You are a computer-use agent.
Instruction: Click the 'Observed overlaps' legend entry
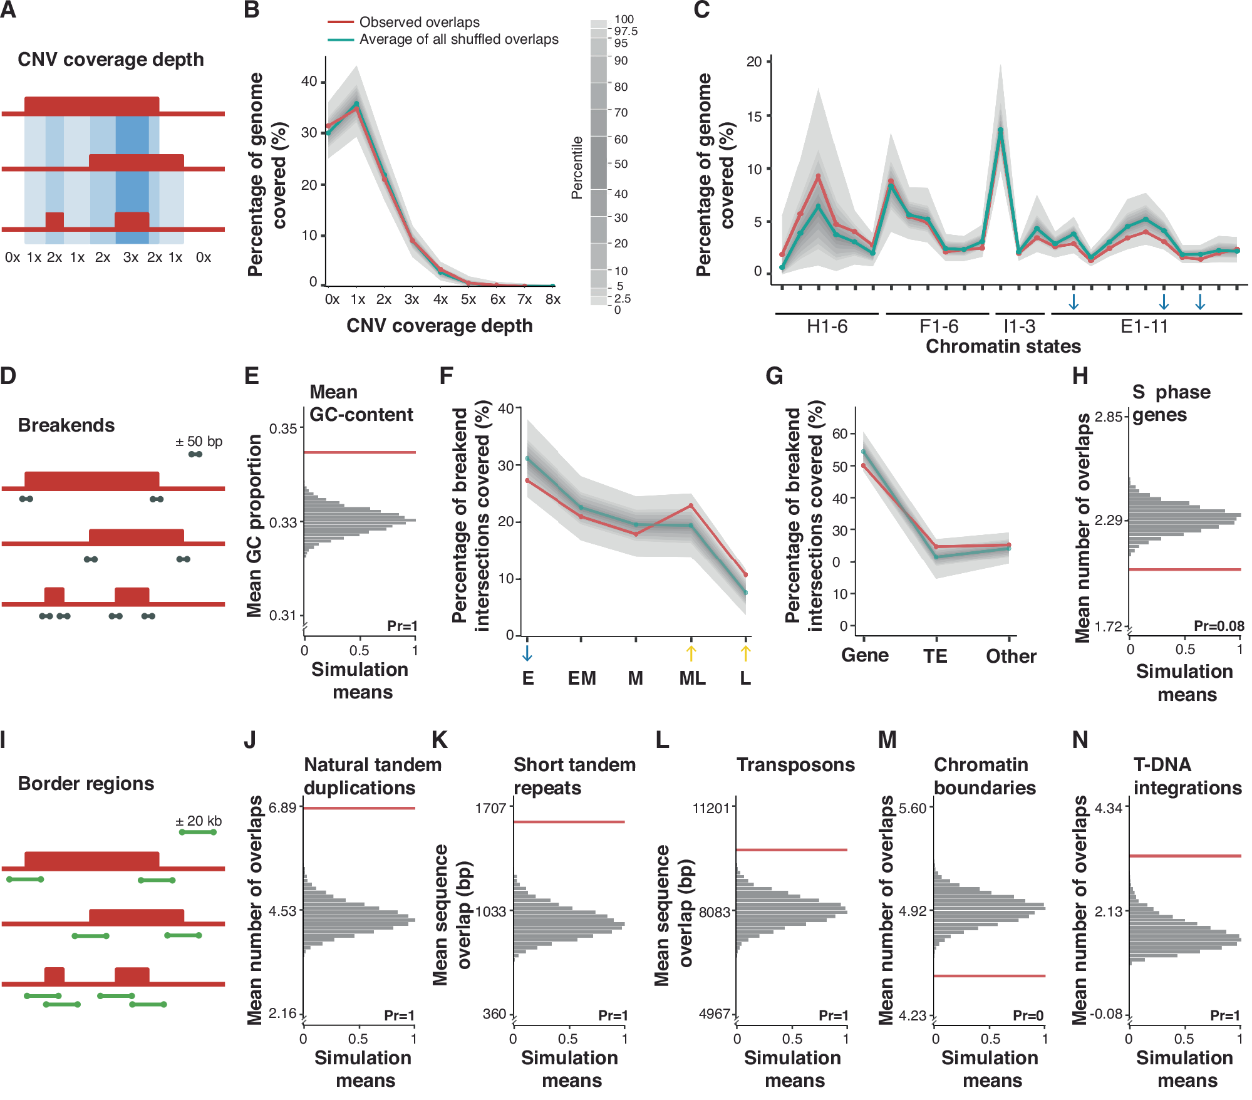418,22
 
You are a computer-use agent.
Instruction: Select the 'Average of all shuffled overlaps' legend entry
458,39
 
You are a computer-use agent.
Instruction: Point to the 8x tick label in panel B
552,299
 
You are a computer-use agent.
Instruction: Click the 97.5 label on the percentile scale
626,31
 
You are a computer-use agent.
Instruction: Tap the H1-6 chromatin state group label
827,326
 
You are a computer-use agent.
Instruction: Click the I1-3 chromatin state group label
1019,326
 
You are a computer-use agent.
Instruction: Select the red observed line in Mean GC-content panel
360,452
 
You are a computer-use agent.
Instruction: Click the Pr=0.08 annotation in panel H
1218,626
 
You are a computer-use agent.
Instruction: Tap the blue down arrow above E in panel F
527,653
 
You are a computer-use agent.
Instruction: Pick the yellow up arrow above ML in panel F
691,653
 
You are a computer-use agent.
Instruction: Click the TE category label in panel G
935,656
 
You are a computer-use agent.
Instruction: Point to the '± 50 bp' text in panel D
199,442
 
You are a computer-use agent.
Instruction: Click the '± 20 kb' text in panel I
199,821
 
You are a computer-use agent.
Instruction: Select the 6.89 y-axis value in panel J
282,807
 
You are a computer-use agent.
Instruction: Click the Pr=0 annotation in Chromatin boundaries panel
1028,1015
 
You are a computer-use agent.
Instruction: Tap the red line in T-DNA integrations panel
1184,856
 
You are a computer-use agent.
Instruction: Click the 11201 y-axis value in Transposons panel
711,808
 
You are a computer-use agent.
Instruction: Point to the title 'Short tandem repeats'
574,776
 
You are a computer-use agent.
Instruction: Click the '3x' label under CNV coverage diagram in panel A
130,257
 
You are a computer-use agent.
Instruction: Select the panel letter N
1080,740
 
